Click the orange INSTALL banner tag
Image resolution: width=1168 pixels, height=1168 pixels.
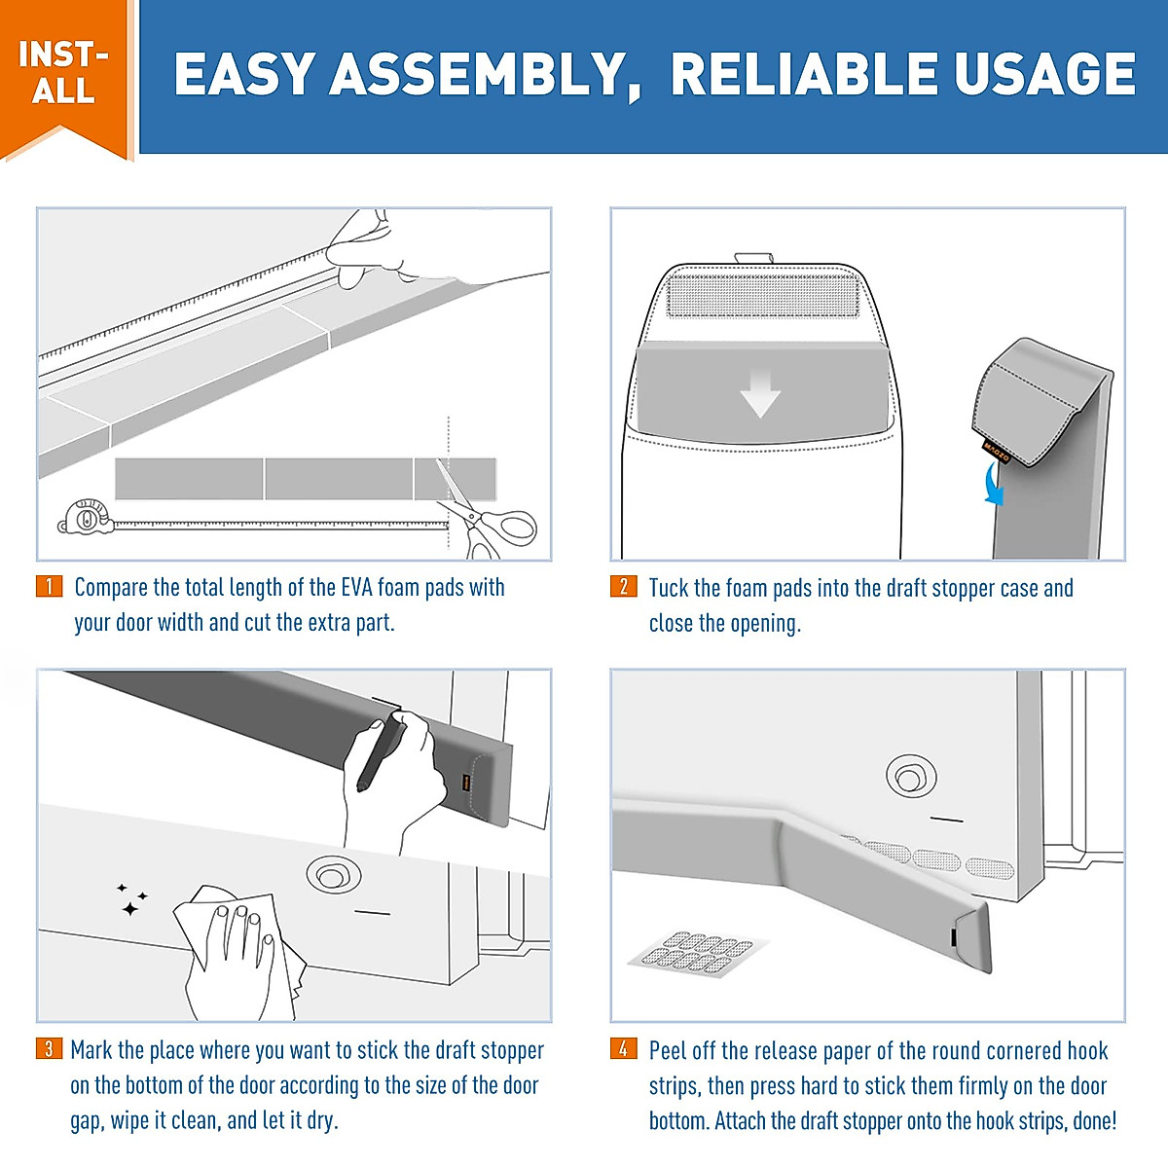point(65,76)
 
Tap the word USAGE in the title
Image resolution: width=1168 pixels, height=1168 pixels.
point(1044,74)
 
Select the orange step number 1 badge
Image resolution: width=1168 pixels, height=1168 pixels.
point(49,586)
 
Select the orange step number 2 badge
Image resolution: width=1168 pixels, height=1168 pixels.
point(624,586)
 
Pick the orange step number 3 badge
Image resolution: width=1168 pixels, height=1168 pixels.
point(49,1048)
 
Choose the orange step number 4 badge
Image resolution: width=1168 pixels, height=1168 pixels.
point(624,1048)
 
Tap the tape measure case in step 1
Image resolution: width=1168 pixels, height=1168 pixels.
point(86,517)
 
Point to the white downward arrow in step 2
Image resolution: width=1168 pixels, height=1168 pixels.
point(760,393)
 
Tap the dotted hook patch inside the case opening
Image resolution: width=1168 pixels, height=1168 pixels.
point(763,295)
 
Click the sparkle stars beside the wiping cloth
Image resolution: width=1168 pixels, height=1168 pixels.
point(131,899)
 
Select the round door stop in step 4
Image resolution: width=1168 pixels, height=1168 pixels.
point(911,777)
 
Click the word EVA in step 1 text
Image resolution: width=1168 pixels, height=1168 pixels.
point(356,587)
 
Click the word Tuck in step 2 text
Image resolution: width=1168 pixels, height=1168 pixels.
point(669,588)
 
